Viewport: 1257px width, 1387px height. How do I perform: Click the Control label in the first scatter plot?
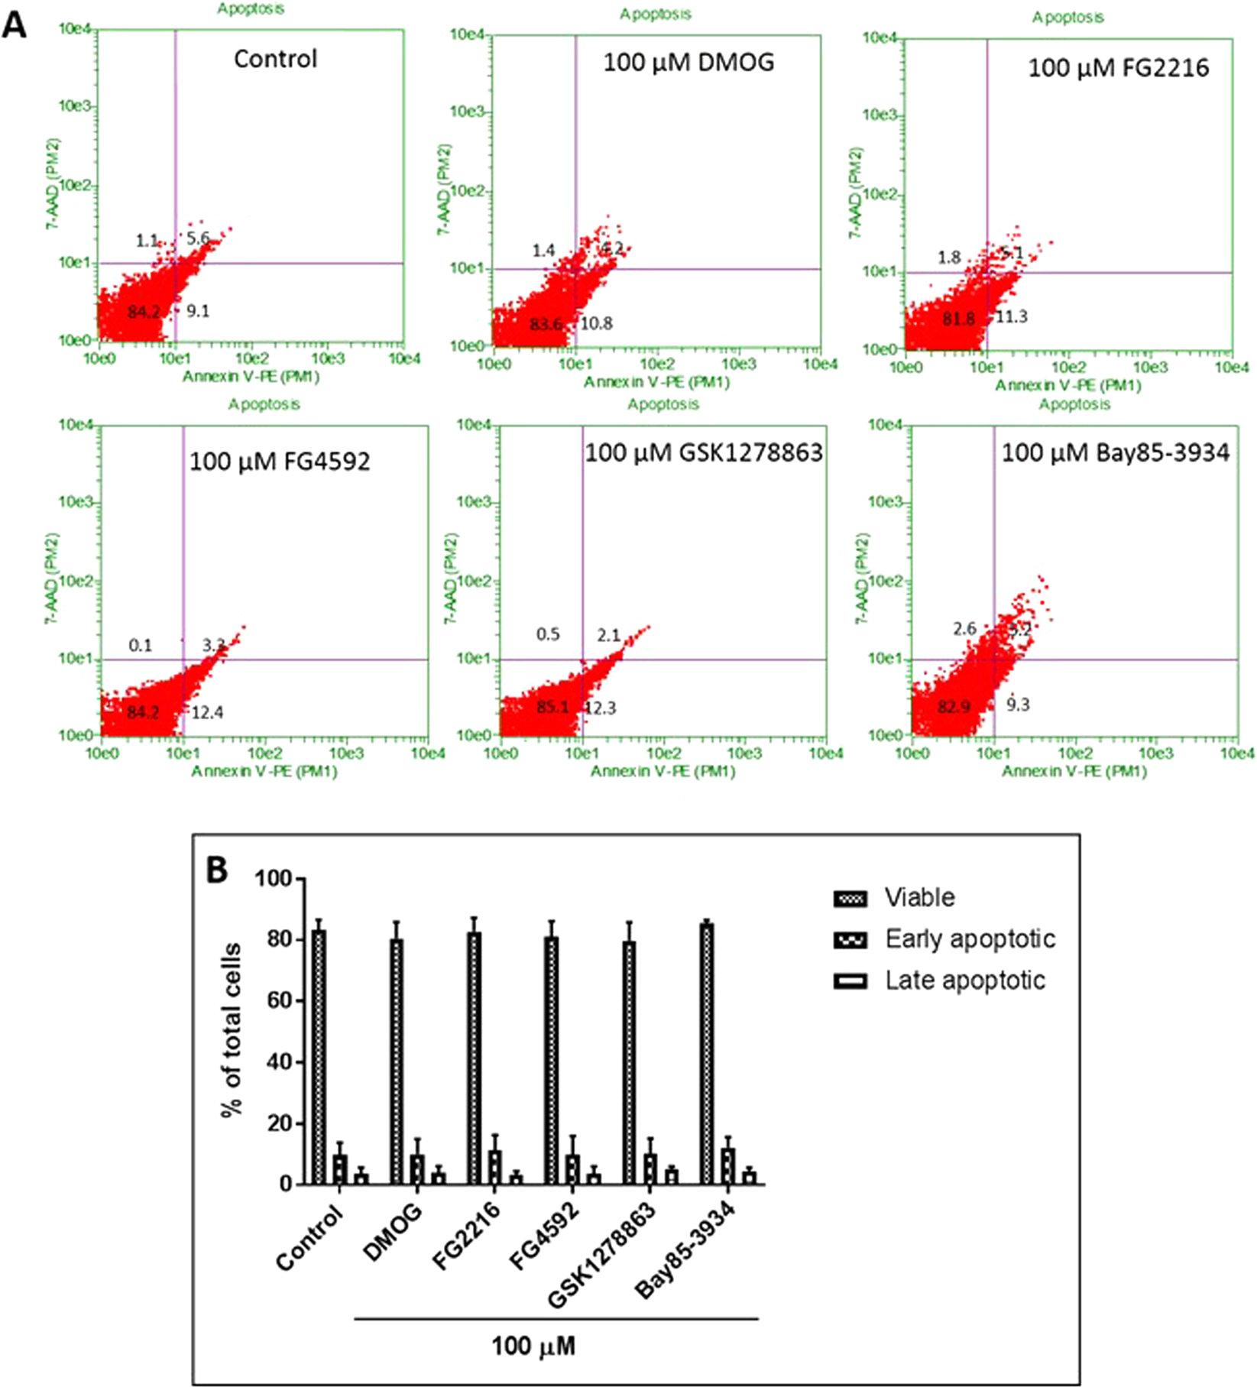(x=275, y=60)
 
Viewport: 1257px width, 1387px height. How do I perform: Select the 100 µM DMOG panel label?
(x=688, y=63)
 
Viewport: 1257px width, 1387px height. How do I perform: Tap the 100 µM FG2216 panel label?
(x=1118, y=69)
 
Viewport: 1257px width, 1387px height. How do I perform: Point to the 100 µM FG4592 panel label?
(x=280, y=462)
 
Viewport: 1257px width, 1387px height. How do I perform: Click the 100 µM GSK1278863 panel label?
(x=704, y=453)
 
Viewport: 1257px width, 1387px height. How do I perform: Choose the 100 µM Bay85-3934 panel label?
(x=1115, y=453)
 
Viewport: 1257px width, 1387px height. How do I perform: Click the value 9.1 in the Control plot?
(x=198, y=311)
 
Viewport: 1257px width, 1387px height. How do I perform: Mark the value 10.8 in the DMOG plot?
(x=596, y=323)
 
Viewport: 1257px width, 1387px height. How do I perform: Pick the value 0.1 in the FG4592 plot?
(x=140, y=646)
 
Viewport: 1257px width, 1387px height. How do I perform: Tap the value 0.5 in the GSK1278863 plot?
(x=547, y=634)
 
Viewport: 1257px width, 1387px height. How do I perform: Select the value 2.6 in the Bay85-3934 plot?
(x=964, y=629)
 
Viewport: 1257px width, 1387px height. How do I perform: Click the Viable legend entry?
(x=919, y=898)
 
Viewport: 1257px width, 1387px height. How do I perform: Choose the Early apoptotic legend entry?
(x=970, y=939)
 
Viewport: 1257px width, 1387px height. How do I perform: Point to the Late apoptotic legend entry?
(x=964, y=980)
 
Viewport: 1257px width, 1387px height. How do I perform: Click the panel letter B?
(x=217, y=870)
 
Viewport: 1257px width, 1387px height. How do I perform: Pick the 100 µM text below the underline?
(x=533, y=1346)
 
